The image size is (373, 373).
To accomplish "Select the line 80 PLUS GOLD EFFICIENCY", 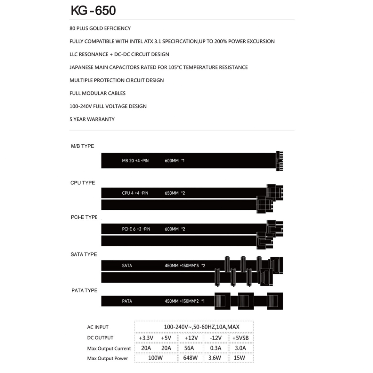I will [100, 28].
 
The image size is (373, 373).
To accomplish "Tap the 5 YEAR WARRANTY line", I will [92, 119].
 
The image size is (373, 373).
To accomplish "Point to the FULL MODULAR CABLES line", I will [97, 93].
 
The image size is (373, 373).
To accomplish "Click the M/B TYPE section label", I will [82, 146].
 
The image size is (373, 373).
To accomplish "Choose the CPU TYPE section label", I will [82, 183].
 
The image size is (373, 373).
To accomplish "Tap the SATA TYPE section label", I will [83, 254].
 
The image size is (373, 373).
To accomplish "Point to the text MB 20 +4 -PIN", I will [135, 161].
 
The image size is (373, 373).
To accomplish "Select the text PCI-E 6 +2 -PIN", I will [136, 229].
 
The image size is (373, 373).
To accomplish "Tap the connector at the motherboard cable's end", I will [279, 160].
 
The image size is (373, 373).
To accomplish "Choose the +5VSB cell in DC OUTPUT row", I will [240, 338].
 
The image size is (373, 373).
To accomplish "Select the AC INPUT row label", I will [98, 327].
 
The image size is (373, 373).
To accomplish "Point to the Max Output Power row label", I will [107, 358].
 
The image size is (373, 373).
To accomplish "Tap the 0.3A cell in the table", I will [216, 348].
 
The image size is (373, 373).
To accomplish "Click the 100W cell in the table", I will [156, 358].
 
